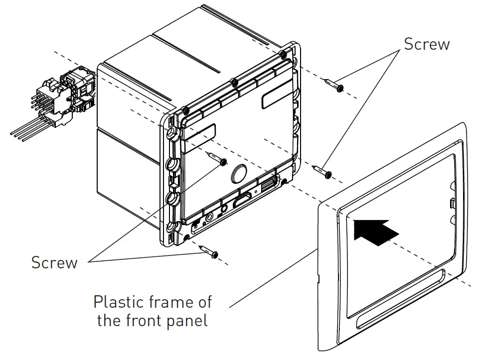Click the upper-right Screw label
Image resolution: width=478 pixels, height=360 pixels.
[x=426, y=44]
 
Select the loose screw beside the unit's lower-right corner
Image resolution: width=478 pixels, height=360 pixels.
[x=322, y=172]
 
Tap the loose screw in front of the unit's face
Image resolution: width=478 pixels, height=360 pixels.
[x=217, y=159]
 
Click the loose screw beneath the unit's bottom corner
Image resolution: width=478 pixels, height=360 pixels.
[x=209, y=251]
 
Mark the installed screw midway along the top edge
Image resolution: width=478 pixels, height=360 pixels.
[x=234, y=81]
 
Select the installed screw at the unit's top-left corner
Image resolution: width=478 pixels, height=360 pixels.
[x=185, y=110]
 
